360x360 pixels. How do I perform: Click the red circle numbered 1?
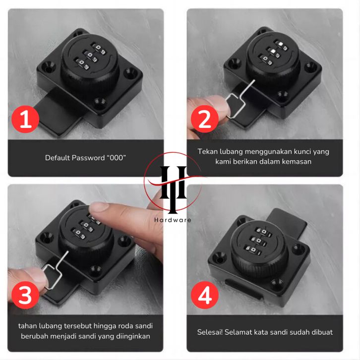(x=25, y=120)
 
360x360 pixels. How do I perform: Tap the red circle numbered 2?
(x=205, y=119)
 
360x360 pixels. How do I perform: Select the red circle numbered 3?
(x=25, y=295)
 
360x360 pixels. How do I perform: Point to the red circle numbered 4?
(x=205, y=295)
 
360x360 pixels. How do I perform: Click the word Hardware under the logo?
(x=173, y=220)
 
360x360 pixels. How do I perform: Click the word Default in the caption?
(x=58, y=158)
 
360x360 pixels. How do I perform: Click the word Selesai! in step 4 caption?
(x=210, y=332)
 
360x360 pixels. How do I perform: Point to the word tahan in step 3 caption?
(x=28, y=326)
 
